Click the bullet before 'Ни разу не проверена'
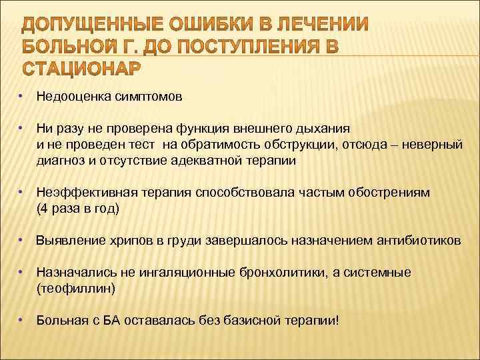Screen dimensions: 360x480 pos(22,126)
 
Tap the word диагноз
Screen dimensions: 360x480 pos(58,161)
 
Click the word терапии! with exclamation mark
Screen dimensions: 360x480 pos(314,321)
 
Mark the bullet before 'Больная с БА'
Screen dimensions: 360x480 pos(22,320)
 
